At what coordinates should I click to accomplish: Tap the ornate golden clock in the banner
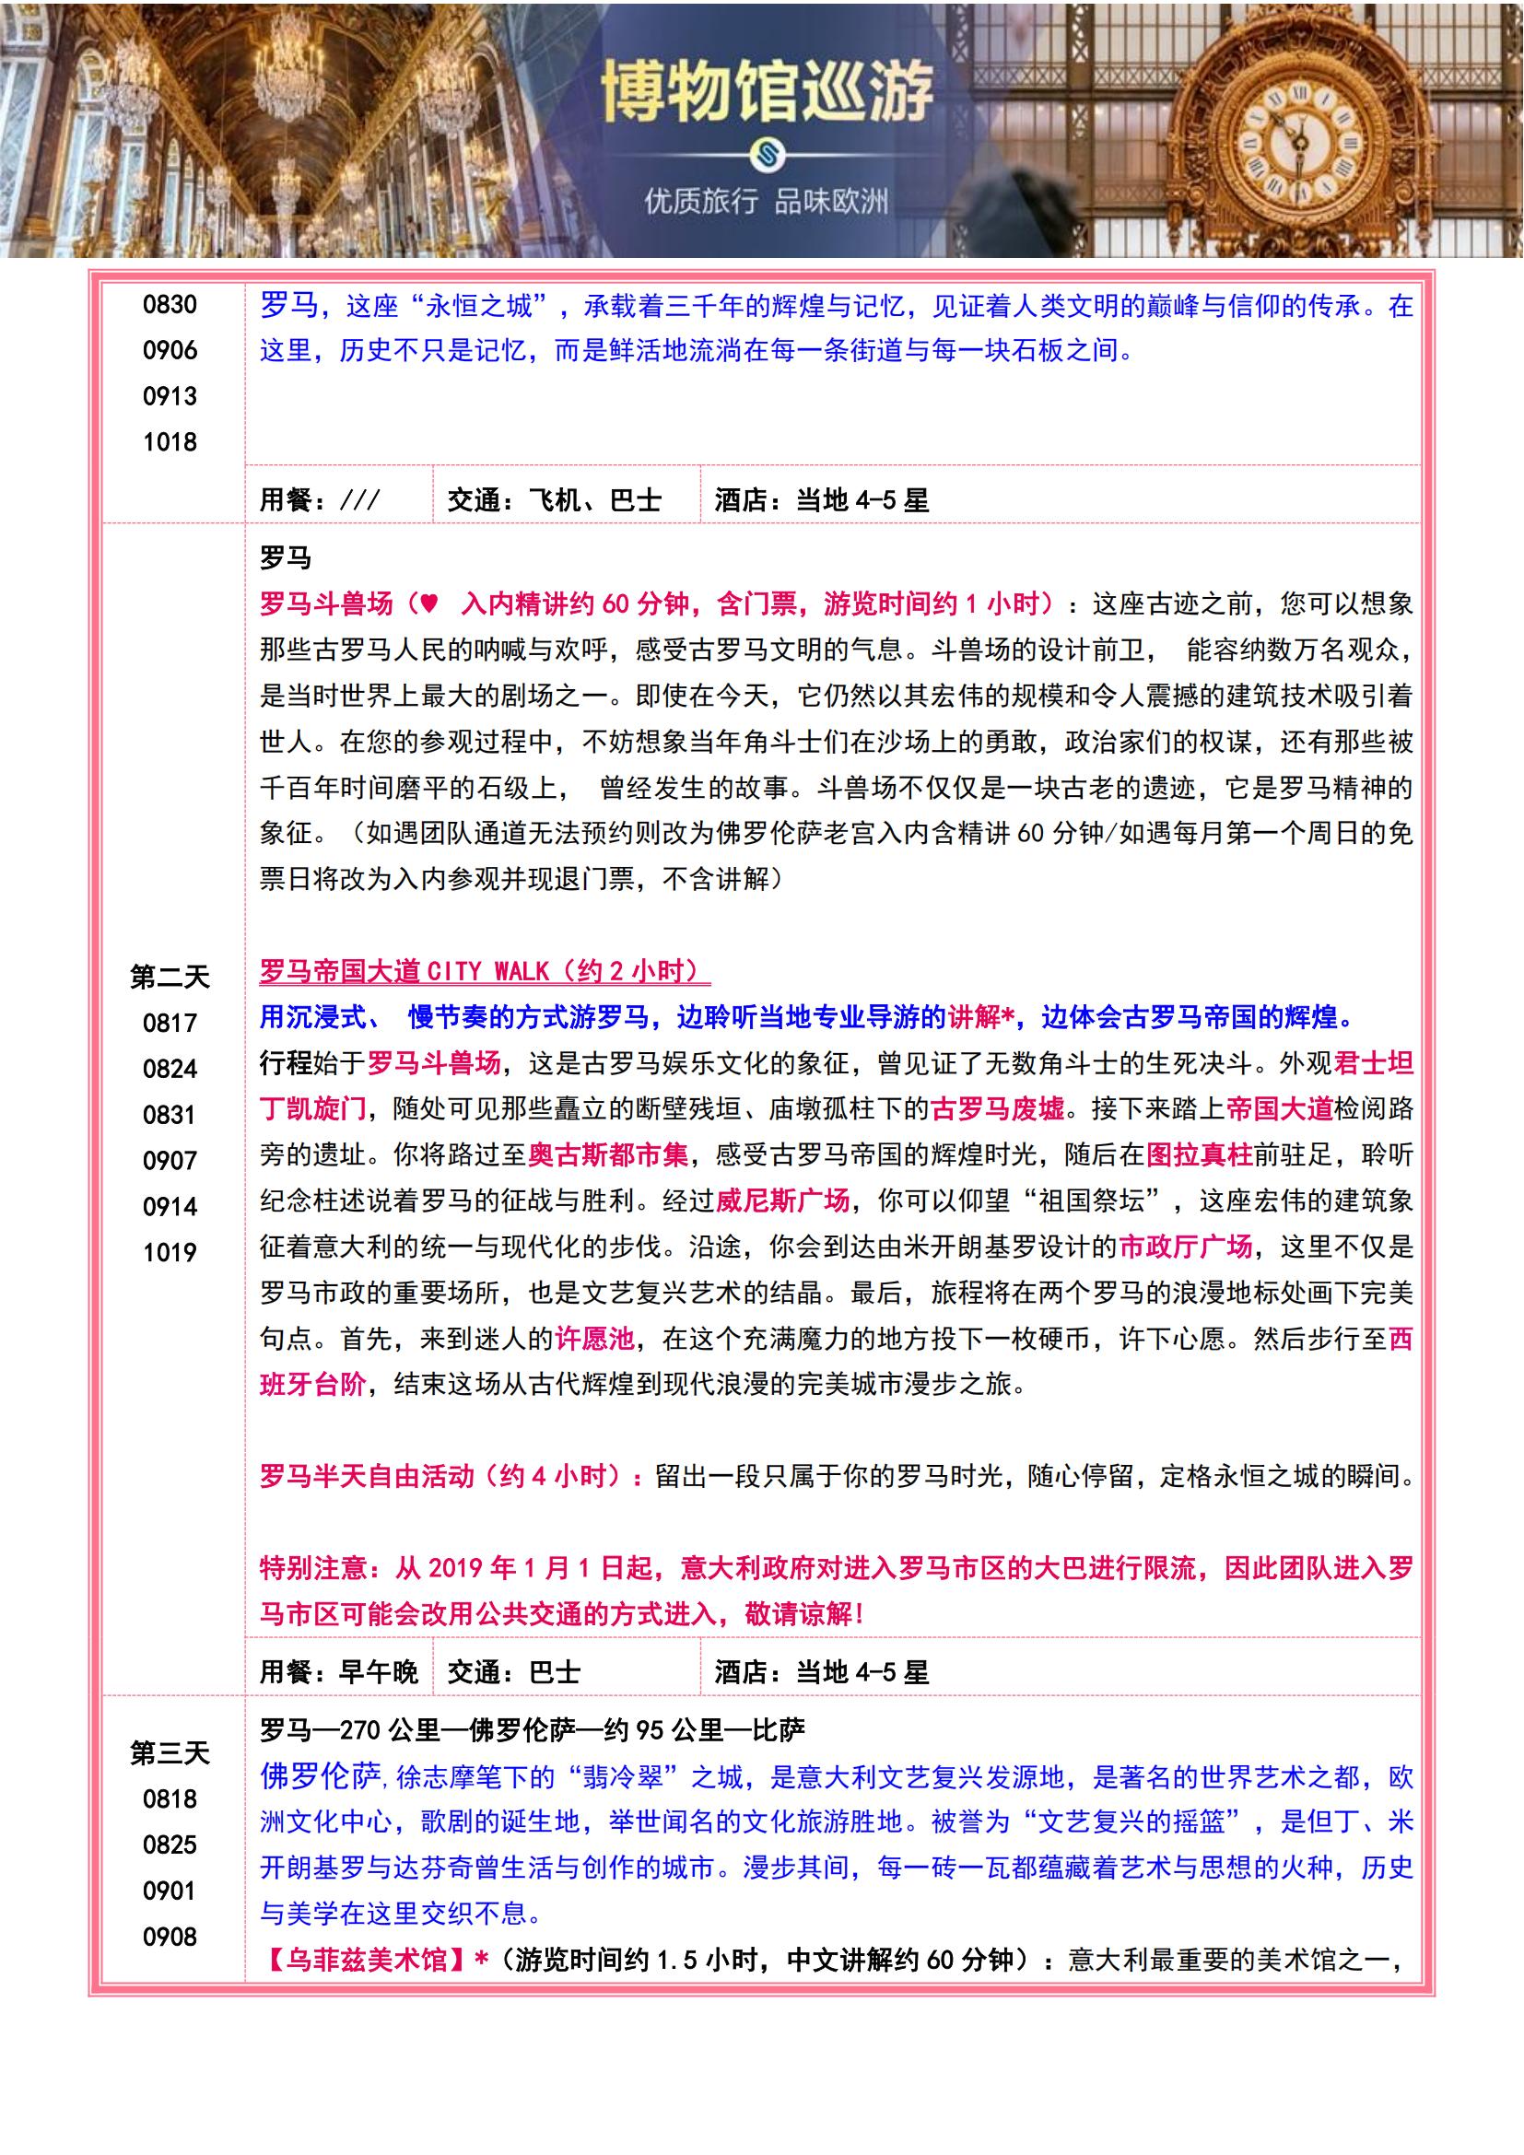click(1300, 146)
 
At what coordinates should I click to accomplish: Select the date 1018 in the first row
click(170, 442)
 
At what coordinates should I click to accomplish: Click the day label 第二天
click(170, 977)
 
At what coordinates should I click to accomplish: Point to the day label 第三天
click(170, 1752)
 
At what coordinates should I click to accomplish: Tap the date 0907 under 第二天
click(170, 1161)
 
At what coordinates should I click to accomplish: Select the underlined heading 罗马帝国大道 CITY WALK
click(485, 970)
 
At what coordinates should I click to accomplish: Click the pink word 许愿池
click(594, 1339)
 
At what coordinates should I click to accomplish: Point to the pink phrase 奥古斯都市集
click(607, 1154)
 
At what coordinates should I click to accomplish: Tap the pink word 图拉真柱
click(1200, 1154)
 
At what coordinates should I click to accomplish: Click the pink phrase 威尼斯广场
click(782, 1200)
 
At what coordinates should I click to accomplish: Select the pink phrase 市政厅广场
click(1184, 1247)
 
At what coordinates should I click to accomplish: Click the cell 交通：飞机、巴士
click(554, 500)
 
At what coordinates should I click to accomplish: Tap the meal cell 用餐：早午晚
click(339, 1671)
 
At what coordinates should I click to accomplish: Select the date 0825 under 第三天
click(170, 1845)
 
